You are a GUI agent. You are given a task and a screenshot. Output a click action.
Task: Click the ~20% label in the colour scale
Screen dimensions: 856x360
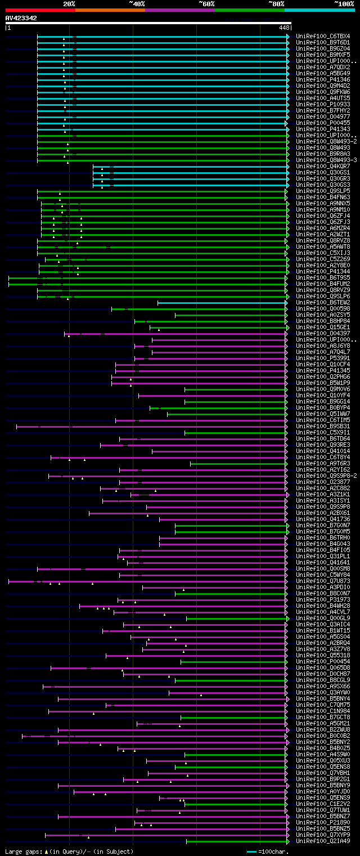pos(69,3)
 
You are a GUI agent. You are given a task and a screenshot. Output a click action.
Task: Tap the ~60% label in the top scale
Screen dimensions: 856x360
pos(206,3)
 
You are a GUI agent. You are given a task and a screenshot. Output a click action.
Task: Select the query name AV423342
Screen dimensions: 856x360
pos(21,18)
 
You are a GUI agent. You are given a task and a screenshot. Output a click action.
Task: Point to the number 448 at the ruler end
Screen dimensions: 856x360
pos(284,27)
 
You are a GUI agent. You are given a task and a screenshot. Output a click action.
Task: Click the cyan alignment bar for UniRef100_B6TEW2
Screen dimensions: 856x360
pos(222,303)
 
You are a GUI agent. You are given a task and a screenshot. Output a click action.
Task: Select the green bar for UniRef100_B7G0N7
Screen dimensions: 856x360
pos(231,525)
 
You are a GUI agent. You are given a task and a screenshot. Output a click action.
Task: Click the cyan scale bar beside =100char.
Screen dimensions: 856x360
pos(251,851)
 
